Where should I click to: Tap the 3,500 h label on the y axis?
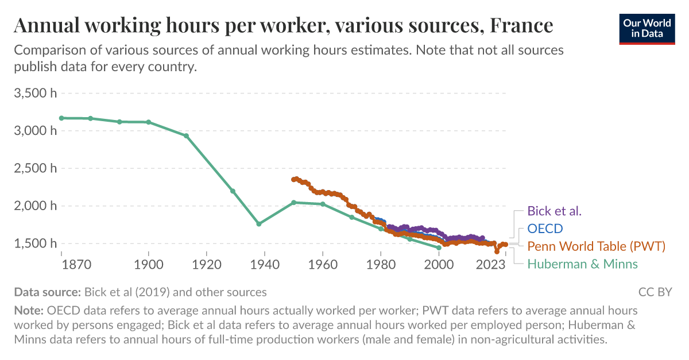coord(35,93)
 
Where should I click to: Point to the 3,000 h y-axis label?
coord(35,131)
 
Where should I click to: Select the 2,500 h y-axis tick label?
coord(35,168)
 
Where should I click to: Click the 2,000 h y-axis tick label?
coord(35,206)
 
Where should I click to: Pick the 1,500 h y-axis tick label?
coord(35,244)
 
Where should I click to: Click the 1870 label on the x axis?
coord(76,265)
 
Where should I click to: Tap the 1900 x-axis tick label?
coord(149,265)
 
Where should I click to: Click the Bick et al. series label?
coord(554,211)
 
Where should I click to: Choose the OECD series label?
coord(545,229)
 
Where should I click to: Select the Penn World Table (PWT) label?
coord(596,246)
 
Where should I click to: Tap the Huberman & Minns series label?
coord(582,264)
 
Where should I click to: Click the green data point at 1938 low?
coord(259,224)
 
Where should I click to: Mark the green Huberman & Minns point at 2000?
coord(439,247)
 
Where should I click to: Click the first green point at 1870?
coord(61,118)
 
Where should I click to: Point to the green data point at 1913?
coord(186,136)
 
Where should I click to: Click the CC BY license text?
coord(655,292)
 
